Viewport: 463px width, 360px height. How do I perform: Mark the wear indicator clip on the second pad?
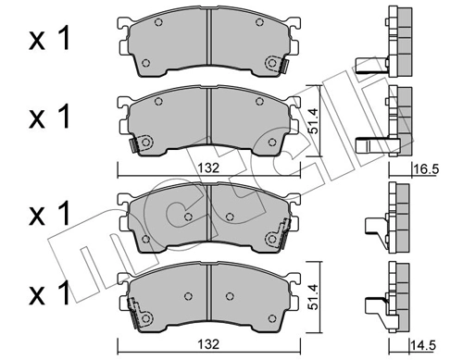click(x=142, y=144)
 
